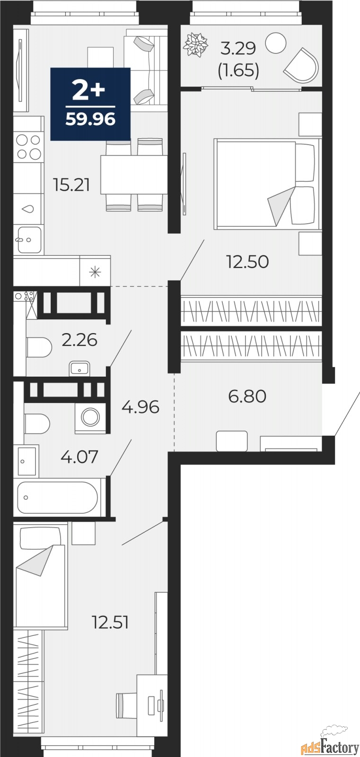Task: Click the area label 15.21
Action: [x=71, y=185]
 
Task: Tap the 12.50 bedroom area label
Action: [x=247, y=262]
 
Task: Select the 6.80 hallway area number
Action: [x=247, y=396]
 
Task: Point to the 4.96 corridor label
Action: [x=140, y=407]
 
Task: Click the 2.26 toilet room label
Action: [x=79, y=340]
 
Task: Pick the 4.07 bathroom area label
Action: [x=79, y=457]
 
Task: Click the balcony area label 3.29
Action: [x=238, y=48]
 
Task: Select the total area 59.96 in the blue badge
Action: [x=91, y=119]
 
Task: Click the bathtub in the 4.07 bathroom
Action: [x=57, y=498]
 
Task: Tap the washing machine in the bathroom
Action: [x=90, y=416]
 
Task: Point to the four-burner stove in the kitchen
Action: [x=29, y=147]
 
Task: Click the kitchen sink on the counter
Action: [x=29, y=239]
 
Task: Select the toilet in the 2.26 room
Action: [x=38, y=347]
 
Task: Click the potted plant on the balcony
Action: [x=195, y=44]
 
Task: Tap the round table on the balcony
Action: [x=276, y=43]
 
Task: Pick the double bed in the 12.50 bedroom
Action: [x=267, y=184]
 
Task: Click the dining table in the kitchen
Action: [x=134, y=175]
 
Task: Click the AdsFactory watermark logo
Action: [x=330, y=747]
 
